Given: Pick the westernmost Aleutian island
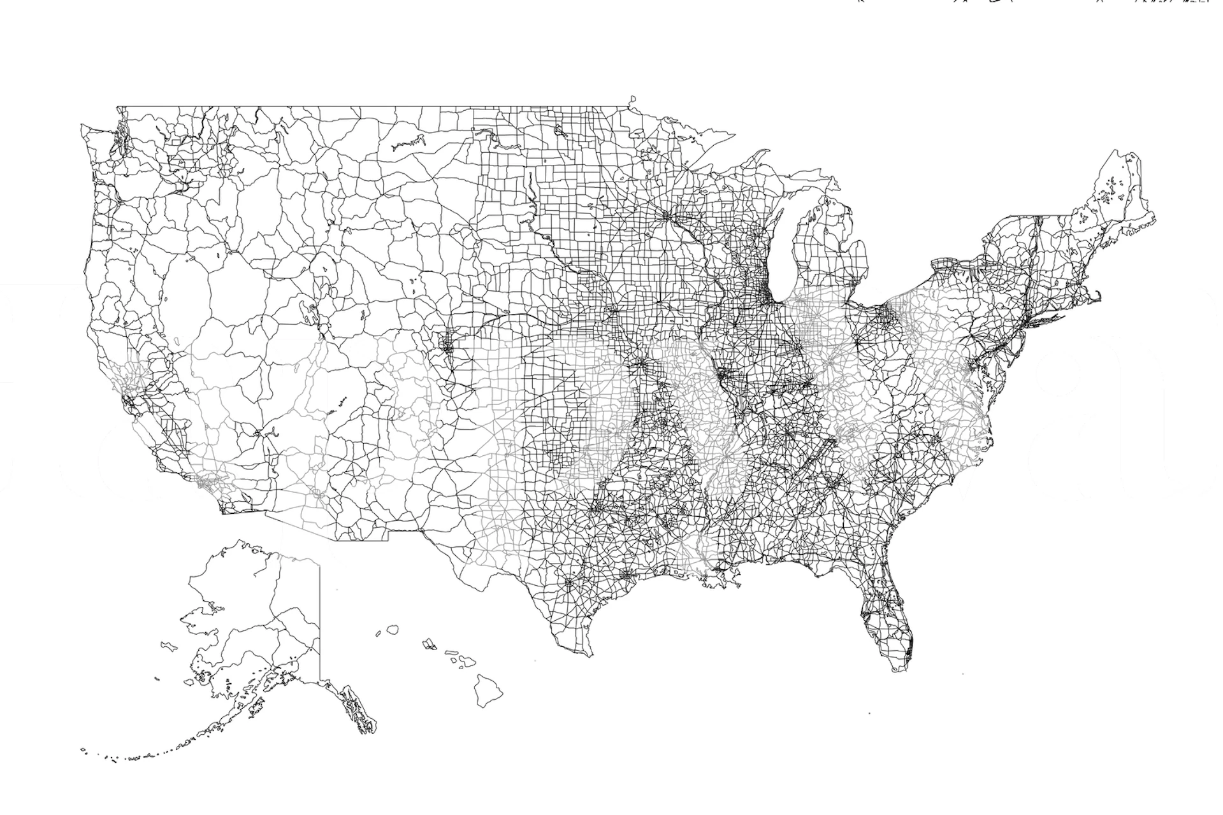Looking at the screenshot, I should tap(83, 749).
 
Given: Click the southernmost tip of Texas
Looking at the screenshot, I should tap(590, 655).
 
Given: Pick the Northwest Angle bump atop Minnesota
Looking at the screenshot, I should tap(632, 100).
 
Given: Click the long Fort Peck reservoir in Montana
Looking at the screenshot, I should tap(408, 143).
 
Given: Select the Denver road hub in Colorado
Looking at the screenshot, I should tap(446, 348).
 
